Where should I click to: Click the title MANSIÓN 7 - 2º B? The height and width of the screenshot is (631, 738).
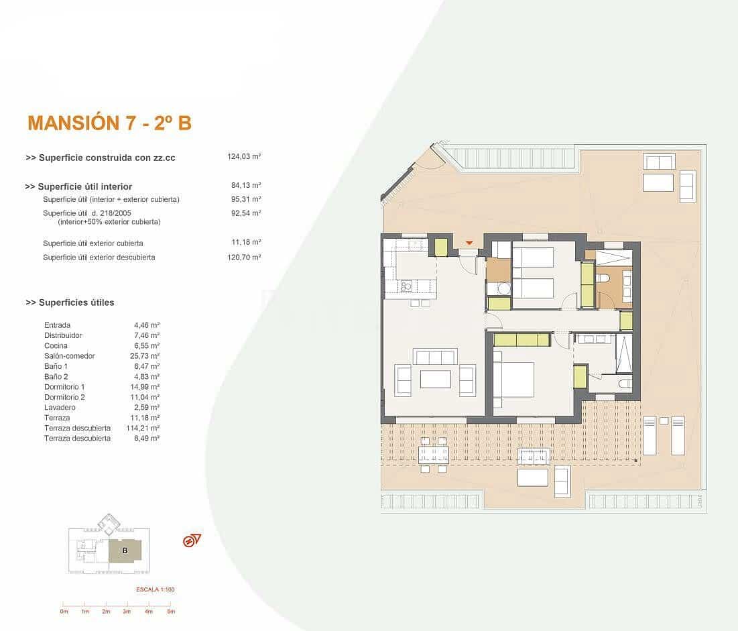(x=109, y=123)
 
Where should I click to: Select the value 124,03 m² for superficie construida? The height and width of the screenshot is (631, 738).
(x=244, y=156)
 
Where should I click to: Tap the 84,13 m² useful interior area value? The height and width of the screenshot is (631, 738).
(x=245, y=186)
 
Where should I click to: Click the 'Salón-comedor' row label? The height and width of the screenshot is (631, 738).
(x=70, y=355)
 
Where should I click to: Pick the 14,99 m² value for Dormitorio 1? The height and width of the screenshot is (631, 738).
(x=146, y=387)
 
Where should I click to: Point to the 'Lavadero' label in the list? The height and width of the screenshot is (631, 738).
(x=60, y=407)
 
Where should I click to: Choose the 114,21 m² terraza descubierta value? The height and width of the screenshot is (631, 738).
(x=145, y=428)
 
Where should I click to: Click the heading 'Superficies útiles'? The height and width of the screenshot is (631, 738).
(x=70, y=302)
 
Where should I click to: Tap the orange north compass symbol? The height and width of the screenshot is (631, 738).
(x=192, y=540)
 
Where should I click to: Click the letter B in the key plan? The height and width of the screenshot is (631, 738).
(x=125, y=551)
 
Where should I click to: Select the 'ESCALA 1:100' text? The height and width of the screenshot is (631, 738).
(x=155, y=589)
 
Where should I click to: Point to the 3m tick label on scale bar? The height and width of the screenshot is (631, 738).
(x=127, y=611)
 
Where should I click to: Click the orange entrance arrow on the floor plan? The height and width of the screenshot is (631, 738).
(x=469, y=243)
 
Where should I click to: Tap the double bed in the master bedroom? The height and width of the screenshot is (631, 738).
(x=514, y=380)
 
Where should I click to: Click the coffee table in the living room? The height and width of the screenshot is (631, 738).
(x=436, y=379)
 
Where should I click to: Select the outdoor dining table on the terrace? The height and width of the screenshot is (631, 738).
(x=433, y=455)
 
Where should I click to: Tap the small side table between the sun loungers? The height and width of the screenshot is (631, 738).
(x=664, y=420)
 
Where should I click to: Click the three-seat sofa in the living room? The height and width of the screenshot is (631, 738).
(x=436, y=356)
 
